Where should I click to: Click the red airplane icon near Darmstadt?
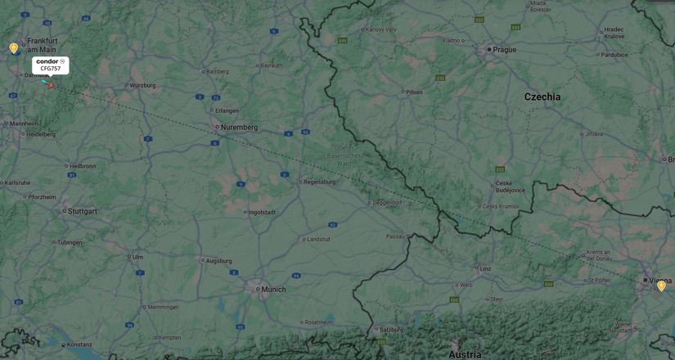click(x=50, y=84)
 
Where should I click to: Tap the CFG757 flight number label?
click(x=51, y=69)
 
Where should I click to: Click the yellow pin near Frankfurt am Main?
click(x=14, y=48)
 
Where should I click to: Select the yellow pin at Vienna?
click(x=661, y=286)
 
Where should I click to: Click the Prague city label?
click(x=504, y=50)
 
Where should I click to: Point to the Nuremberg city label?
click(x=239, y=127)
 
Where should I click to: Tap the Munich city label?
click(x=273, y=289)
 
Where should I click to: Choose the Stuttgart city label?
click(x=82, y=211)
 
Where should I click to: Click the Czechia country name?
click(x=542, y=97)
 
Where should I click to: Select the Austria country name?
click(x=465, y=354)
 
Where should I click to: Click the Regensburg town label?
click(x=319, y=182)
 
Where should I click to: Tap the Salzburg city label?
click(x=391, y=329)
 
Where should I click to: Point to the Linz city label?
click(x=485, y=268)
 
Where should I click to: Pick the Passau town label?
click(x=396, y=236)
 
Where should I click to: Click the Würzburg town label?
click(x=142, y=85)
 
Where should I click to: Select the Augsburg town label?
click(x=218, y=261)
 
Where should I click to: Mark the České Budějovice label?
click(x=510, y=187)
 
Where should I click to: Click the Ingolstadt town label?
click(x=262, y=212)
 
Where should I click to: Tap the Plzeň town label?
click(x=414, y=92)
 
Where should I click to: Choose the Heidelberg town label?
click(x=41, y=134)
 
